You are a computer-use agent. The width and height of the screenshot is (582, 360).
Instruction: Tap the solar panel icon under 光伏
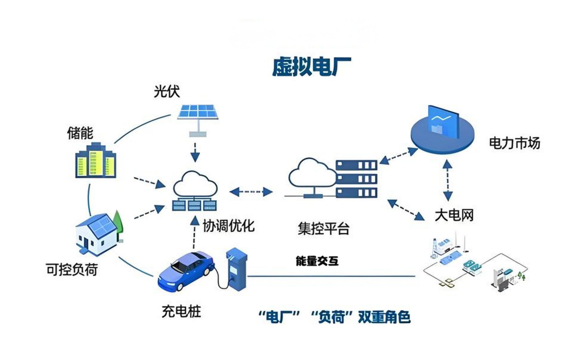(198, 112)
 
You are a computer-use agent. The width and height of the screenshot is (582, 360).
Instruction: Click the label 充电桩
(181, 312)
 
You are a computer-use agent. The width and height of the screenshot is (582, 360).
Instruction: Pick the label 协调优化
(229, 225)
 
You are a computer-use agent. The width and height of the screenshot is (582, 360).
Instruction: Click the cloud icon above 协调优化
(195, 184)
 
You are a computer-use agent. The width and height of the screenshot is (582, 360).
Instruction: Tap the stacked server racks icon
(356, 179)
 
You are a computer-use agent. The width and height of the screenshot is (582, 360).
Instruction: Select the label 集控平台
(323, 228)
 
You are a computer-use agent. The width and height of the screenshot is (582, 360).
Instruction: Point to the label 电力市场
(515, 143)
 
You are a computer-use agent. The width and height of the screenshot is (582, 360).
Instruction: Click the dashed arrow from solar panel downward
(196, 152)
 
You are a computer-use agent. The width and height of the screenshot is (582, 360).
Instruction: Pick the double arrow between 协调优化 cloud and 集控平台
(251, 191)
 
